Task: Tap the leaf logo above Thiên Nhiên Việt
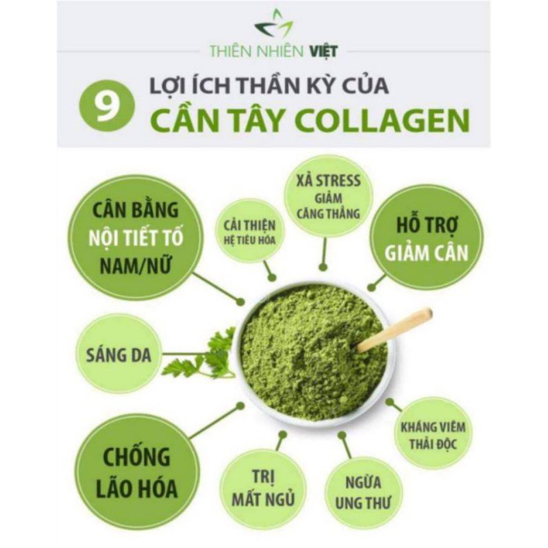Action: coord(273,25)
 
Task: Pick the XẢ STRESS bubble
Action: coord(327,196)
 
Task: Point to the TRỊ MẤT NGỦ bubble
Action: coord(263,488)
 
